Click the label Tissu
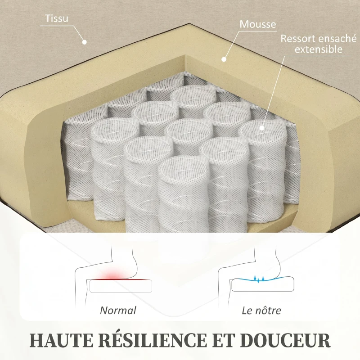tap(57, 18)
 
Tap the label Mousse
tap(258, 24)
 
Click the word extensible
tap(319, 49)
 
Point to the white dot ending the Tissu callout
tap(85, 42)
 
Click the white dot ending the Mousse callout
tap(224, 59)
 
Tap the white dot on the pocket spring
tap(262, 128)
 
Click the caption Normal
tap(118, 310)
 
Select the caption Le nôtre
tap(261, 310)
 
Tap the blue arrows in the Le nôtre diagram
tap(259, 279)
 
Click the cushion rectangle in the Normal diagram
tap(121, 286)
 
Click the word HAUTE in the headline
tap(62, 340)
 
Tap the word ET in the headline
tap(224, 340)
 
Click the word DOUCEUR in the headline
tap(285, 340)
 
